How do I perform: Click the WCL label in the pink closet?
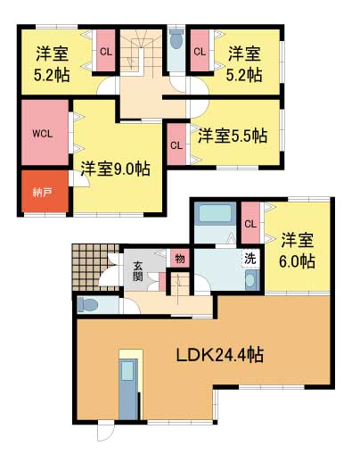click(42, 134)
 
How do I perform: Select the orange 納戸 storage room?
click(42, 192)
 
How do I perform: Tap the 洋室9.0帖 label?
click(115, 168)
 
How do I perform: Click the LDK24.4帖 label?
click(218, 354)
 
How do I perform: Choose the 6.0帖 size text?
click(298, 261)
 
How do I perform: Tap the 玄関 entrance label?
click(139, 270)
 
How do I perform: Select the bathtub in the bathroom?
click(213, 215)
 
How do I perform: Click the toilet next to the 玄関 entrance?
click(88, 305)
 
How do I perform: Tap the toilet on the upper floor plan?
click(176, 38)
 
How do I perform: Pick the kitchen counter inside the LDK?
click(129, 387)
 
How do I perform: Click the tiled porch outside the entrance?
click(88, 263)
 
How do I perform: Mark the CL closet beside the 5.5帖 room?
click(176, 144)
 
